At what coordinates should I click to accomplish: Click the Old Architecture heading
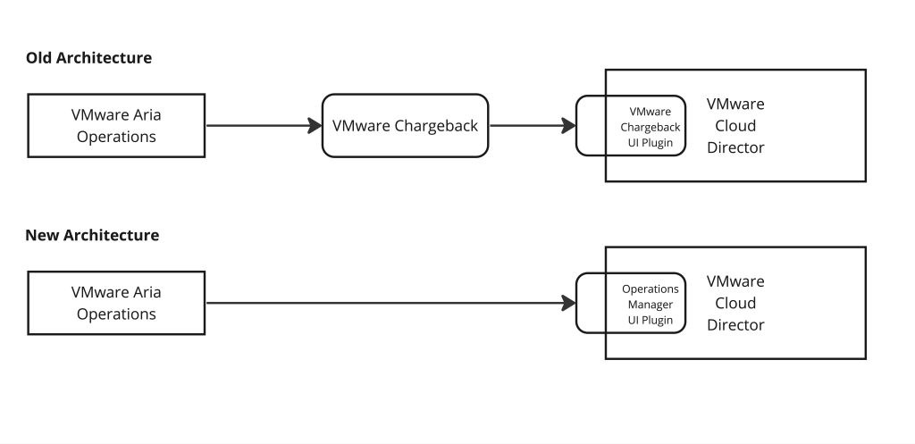tap(88, 58)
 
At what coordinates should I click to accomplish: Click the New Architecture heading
tap(92, 236)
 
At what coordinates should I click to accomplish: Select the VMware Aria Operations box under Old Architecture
tap(116, 126)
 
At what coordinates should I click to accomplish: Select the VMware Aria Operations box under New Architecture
tap(116, 304)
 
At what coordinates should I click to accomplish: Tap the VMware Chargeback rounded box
tap(405, 126)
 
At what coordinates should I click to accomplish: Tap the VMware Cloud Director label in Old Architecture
tap(735, 126)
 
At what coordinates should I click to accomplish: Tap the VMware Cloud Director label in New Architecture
tap(735, 304)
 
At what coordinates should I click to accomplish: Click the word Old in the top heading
tap(39, 58)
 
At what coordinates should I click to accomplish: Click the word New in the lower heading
tap(41, 236)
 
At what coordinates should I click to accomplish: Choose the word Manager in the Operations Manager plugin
tap(650, 305)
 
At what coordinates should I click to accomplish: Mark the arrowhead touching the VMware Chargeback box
tap(315, 126)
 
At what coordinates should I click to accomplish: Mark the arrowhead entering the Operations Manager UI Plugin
tap(568, 304)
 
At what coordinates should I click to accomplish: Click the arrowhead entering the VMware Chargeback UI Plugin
tap(568, 126)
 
